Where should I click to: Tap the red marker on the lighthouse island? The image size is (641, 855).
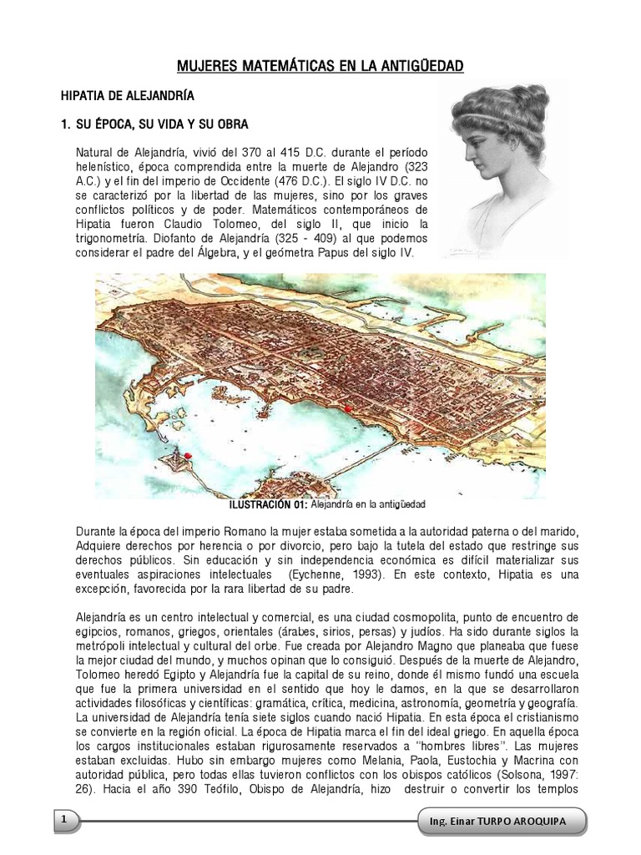[x=188, y=455]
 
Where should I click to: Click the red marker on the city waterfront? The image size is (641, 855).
[x=346, y=408]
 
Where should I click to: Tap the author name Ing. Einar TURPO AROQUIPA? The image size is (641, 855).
[x=503, y=822]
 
